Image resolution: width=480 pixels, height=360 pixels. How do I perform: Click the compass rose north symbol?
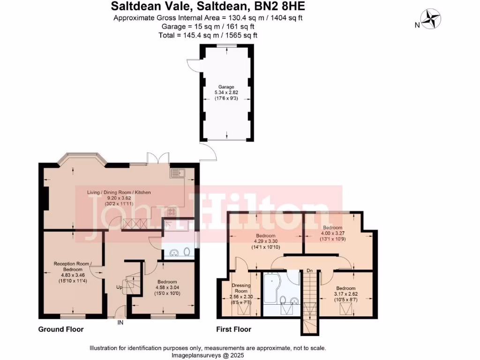(431, 20)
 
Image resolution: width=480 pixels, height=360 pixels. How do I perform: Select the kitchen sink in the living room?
(178, 172)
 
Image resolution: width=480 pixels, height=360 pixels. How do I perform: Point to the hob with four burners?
(172, 211)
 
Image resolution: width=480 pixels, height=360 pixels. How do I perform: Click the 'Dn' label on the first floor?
(309, 270)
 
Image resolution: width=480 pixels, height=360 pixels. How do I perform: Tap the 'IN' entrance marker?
(120, 322)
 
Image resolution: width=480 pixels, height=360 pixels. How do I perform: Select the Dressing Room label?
(241, 288)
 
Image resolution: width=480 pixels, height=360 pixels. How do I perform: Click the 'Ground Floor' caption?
(61, 330)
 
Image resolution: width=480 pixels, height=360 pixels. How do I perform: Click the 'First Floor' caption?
(233, 330)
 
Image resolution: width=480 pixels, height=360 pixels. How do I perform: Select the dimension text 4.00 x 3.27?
(333, 233)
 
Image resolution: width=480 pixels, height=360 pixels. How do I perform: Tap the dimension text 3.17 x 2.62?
(345, 294)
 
